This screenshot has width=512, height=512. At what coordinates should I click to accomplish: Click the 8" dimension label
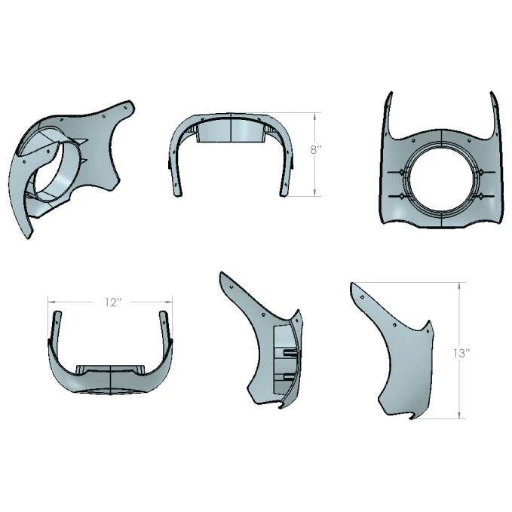(x=316, y=150)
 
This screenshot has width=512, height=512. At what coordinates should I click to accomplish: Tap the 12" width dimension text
(x=112, y=302)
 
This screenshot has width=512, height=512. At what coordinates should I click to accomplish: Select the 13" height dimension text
(x=461, y=353)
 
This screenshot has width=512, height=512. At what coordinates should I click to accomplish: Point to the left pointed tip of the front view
(x=390, y=93)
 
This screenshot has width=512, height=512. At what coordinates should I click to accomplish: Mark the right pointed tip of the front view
(x=492, y=93)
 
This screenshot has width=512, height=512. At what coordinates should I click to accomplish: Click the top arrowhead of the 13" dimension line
(x=459, y=285)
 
